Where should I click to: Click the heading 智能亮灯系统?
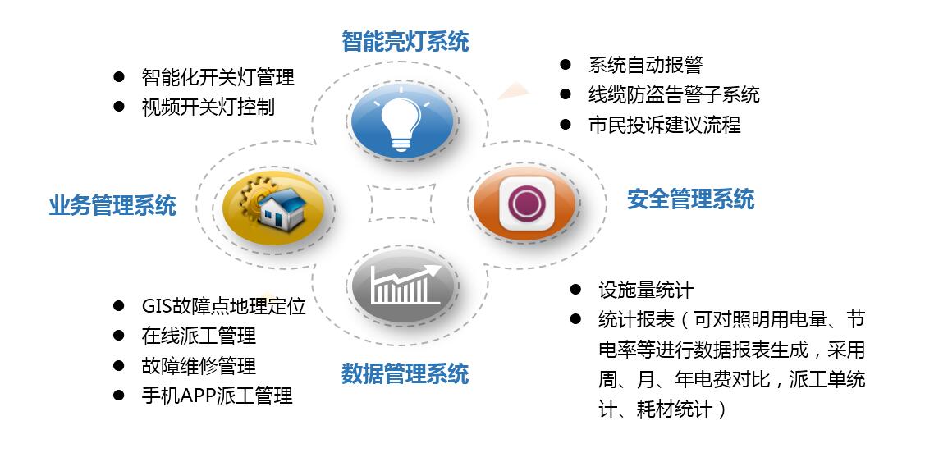click(x=405, y=41)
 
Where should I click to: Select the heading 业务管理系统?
click(x=112, y=205)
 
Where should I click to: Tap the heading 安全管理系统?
click(x=690, y=199)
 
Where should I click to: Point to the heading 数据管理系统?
click(x=405, y=374)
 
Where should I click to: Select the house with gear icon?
click(x=273, y=205)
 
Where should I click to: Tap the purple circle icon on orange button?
click(x=526, y=201)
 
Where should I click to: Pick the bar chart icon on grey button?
click(x=401, y=286)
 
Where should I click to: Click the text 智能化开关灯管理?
click(x=218, y=78)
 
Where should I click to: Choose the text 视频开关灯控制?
click(x=208, y=107)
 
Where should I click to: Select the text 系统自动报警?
click(x=645, y=66)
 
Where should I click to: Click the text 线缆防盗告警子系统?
click(x=673, y=95)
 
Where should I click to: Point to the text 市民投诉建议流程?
click(x=664, y=125)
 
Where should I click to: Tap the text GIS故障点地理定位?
click(x=223, y=306)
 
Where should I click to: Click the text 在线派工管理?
click(x=199, y=336)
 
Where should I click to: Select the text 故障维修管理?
click(x=199, y=365)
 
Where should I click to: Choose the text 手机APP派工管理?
click(x=217, y=396)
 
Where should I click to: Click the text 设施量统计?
click(x=646, y=290)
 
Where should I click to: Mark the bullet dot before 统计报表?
click(x=575, y=319)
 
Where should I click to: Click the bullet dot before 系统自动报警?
click(x=565, y=65)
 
